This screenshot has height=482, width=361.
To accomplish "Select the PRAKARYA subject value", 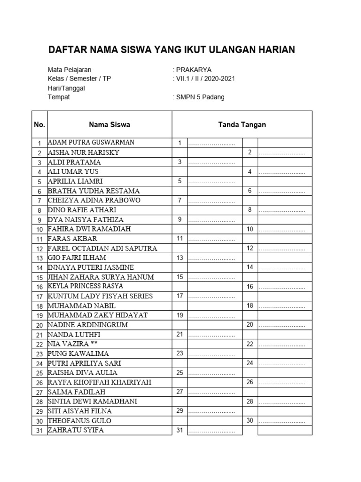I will click(x=193, y=70).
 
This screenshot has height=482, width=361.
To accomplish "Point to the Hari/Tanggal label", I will click(x=66, y=88).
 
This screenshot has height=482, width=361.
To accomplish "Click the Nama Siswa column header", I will click(x=110, y=125).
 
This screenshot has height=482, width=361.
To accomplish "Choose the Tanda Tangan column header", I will click(x=242, y=125).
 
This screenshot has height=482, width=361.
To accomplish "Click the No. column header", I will click(x=39, y=125).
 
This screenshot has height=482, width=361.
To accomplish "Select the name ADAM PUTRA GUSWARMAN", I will click(x=91, y=142).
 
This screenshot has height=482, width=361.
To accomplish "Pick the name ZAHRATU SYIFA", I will click(x=76, y=430).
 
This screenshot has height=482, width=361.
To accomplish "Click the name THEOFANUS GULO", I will click(x=79, y=421).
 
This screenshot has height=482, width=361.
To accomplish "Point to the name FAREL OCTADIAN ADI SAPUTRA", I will click(x=102, y=248).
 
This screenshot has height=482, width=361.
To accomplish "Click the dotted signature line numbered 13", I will click(x=212, y=258).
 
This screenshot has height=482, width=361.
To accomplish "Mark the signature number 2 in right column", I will click(x=250, y=153).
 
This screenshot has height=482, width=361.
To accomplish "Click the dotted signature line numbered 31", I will click(x=212, y=431).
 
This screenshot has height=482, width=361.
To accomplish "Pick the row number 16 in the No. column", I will click(x=39, y=287).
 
